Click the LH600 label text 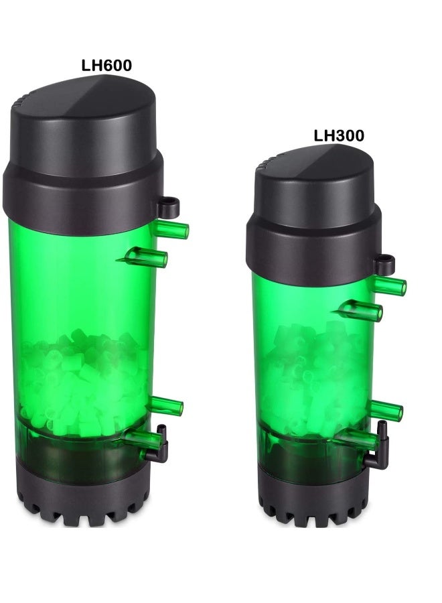coord(106,66)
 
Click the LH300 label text coord(339,136)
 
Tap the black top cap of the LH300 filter coord(313,215)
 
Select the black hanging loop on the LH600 coord(169,206)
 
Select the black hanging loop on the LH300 coord(384,264)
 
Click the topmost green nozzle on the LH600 coord(171,230)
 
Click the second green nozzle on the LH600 coord(147,257)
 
